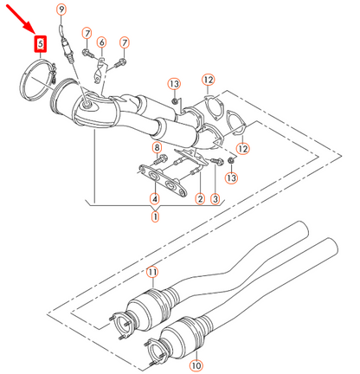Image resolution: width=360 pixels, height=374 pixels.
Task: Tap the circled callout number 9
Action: (x=61, y=9)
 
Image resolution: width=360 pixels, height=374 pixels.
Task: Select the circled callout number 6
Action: (x=101, y=42)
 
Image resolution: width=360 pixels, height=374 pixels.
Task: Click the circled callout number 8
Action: (x=157, y=149)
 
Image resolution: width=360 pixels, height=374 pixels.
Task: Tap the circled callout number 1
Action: (x=156, y=216)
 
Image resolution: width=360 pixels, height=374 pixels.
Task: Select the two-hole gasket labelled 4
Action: (x=164, y=183)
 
